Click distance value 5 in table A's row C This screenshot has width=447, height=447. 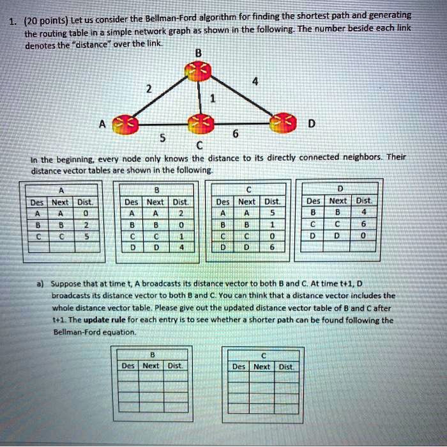(x=86, y=235)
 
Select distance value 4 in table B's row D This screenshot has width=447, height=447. (x=181, y=246)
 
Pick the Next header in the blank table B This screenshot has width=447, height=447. (x=151, y=366)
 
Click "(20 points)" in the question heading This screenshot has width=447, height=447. (x=38, y=20)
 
